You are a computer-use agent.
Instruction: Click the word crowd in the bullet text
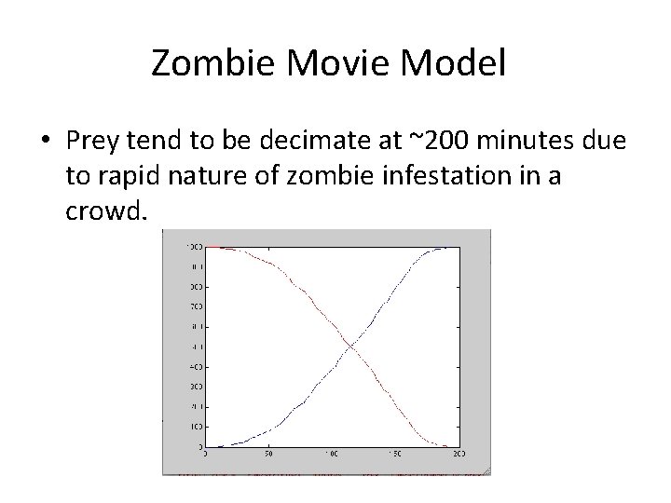(x=103, y=211)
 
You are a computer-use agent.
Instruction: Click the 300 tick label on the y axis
(x=196, y=386)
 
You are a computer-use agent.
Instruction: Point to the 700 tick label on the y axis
(x=196, y=306)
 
